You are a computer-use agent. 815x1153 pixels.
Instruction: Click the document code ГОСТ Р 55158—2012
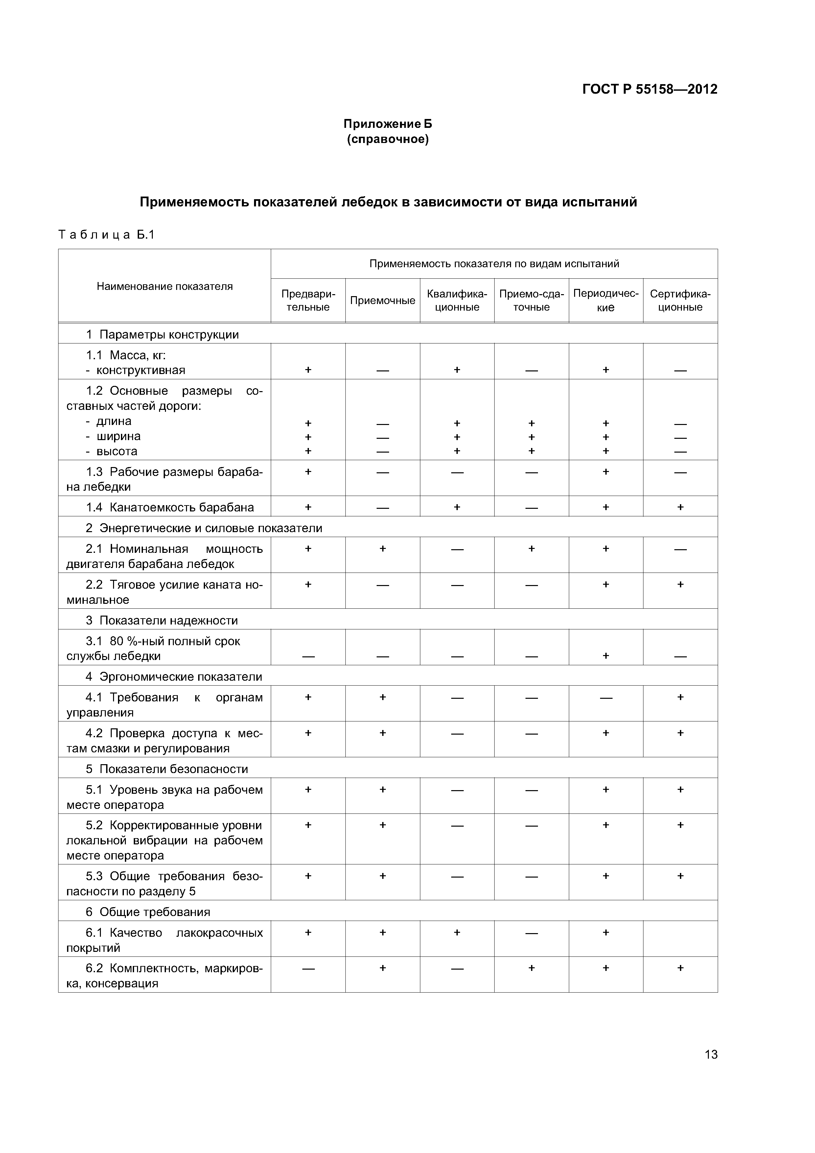click(649, 89)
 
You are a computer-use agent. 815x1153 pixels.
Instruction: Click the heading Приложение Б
click(387, 124)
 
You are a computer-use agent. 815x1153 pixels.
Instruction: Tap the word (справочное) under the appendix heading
click(387, 139)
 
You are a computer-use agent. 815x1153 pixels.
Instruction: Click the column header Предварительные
click(308, 300)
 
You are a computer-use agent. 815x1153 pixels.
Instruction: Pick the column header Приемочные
click(382, 300)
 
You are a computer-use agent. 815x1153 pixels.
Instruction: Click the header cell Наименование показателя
click(164, 286)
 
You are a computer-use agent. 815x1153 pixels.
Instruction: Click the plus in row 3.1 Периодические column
click(606, 655)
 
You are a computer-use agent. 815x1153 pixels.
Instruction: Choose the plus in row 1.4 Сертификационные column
click(680, 507)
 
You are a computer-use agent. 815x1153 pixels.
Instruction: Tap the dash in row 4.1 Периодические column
click(606, 697)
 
